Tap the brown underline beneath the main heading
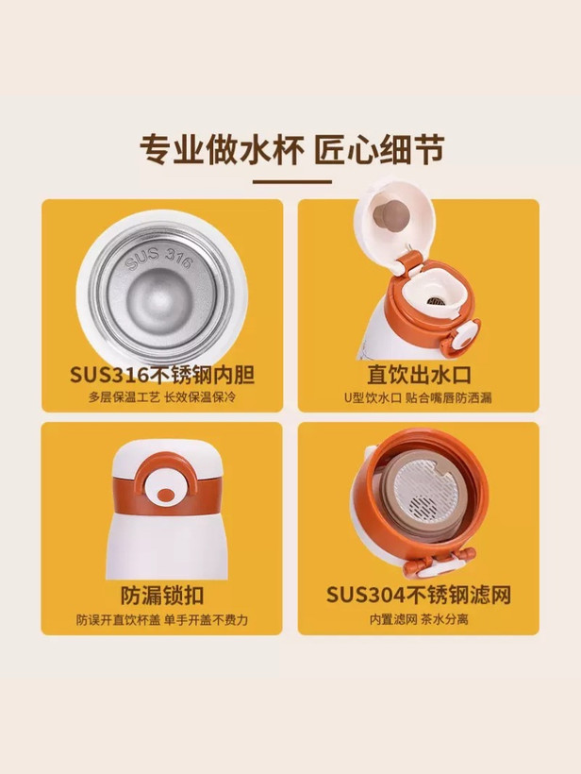pos(292,181)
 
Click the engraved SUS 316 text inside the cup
pos(158,258)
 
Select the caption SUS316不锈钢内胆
pos(162,375)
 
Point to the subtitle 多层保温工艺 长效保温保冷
pos(162,397)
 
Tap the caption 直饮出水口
pos(419,375)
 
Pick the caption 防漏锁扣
pos(162,596)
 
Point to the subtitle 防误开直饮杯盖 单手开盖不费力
pos(162,619)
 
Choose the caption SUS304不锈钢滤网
pos(418,596)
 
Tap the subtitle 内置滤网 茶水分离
pos(419,619)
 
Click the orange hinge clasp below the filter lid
pos(439,563)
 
